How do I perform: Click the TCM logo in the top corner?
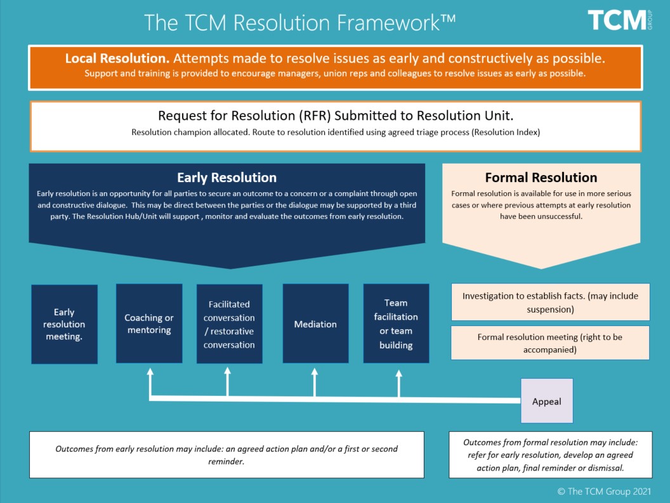tap(619, 20)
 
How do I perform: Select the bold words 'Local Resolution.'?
tap(117, 59)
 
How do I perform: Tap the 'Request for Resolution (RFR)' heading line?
tap(335, 115)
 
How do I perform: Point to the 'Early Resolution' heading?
tap(227, 178)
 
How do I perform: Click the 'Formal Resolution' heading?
tap(541, 178)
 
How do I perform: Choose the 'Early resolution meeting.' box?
tap(64, 324)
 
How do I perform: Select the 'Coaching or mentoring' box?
tap(149, 323)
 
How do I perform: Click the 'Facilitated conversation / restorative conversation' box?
tap(229, 324)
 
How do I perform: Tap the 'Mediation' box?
tap(315, 324)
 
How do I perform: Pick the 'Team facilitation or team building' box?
tap(396, 324)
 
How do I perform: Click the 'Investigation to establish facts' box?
tap(550, 303)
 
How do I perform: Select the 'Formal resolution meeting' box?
tap(550, 343)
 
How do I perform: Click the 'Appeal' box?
tap(546, 402)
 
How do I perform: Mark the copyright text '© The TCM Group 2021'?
tap(604, 491)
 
